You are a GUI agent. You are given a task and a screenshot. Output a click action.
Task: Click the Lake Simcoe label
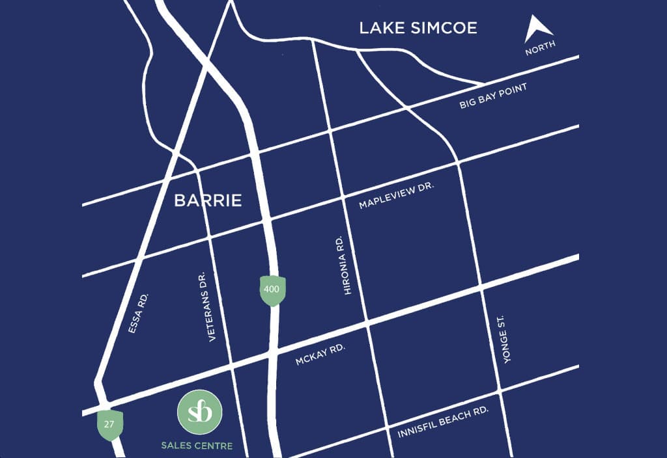click(x=418, y=28)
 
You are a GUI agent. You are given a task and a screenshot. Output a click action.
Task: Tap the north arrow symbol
click(x=540, y=29)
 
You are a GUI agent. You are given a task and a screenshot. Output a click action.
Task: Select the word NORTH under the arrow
click(x=541, y=48)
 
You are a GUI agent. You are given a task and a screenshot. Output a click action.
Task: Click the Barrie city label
click(x=208, y=200)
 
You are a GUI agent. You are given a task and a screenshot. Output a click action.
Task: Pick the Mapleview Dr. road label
click(x=396, y=195)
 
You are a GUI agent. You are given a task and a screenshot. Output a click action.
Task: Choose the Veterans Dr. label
click(x=213, y=306)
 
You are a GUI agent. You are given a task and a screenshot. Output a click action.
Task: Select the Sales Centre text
click(x=197, y=446)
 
